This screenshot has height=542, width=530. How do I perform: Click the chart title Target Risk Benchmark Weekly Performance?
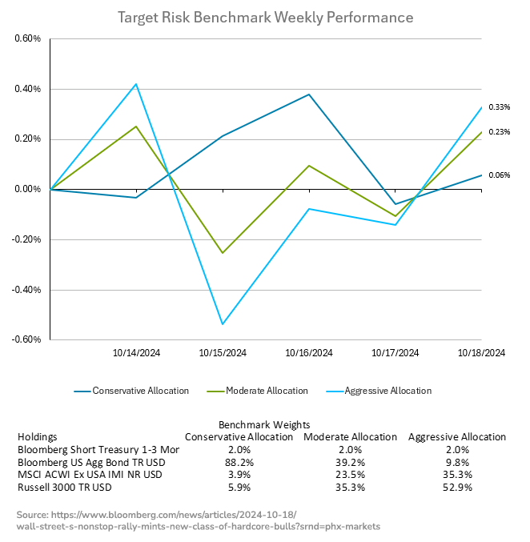click(x=265, y=17)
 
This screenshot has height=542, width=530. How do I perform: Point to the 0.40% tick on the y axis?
click(x=26, y=89)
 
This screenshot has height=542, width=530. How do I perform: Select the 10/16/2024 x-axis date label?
click(x=308, y=352)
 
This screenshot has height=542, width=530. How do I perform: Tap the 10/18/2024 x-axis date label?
click(x=480, y=352)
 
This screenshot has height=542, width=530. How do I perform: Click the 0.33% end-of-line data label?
click(x=500, y=107)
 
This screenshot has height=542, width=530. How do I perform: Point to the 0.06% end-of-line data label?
click(x=500, y=175)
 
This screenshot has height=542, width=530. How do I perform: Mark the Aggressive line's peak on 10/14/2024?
click(x=136, y=84)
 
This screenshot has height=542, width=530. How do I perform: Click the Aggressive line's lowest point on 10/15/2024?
click(x=222, y=324)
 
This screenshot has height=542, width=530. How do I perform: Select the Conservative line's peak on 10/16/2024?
click(x=309, y=94)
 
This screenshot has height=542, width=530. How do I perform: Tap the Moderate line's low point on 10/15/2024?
click(x=222, y=253)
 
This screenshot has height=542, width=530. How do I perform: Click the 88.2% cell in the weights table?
click(x=239, y=462)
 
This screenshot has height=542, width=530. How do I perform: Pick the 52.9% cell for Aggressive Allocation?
click(x=457, y=487)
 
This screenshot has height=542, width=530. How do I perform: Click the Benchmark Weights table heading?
click(x=263, y=424)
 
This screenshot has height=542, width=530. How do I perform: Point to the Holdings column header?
click(x=37, y=437)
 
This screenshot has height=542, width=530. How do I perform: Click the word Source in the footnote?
click(x=32, y=513)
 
